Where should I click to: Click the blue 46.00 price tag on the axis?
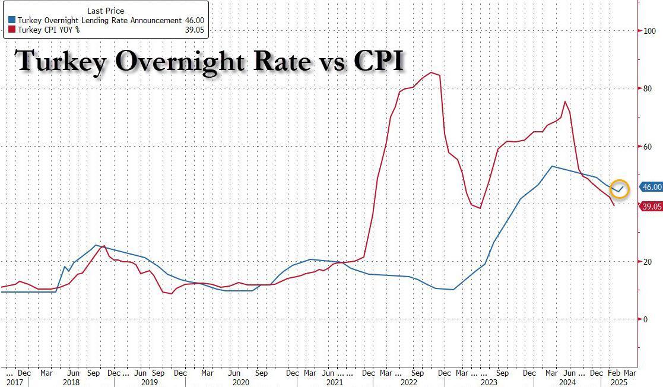tap(651, 187)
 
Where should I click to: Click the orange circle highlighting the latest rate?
tap(619, 189)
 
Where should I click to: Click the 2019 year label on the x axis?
tap(149, 383)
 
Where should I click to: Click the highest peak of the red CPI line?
tap(432, 72)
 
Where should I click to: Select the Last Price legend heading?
tap(105, 11)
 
